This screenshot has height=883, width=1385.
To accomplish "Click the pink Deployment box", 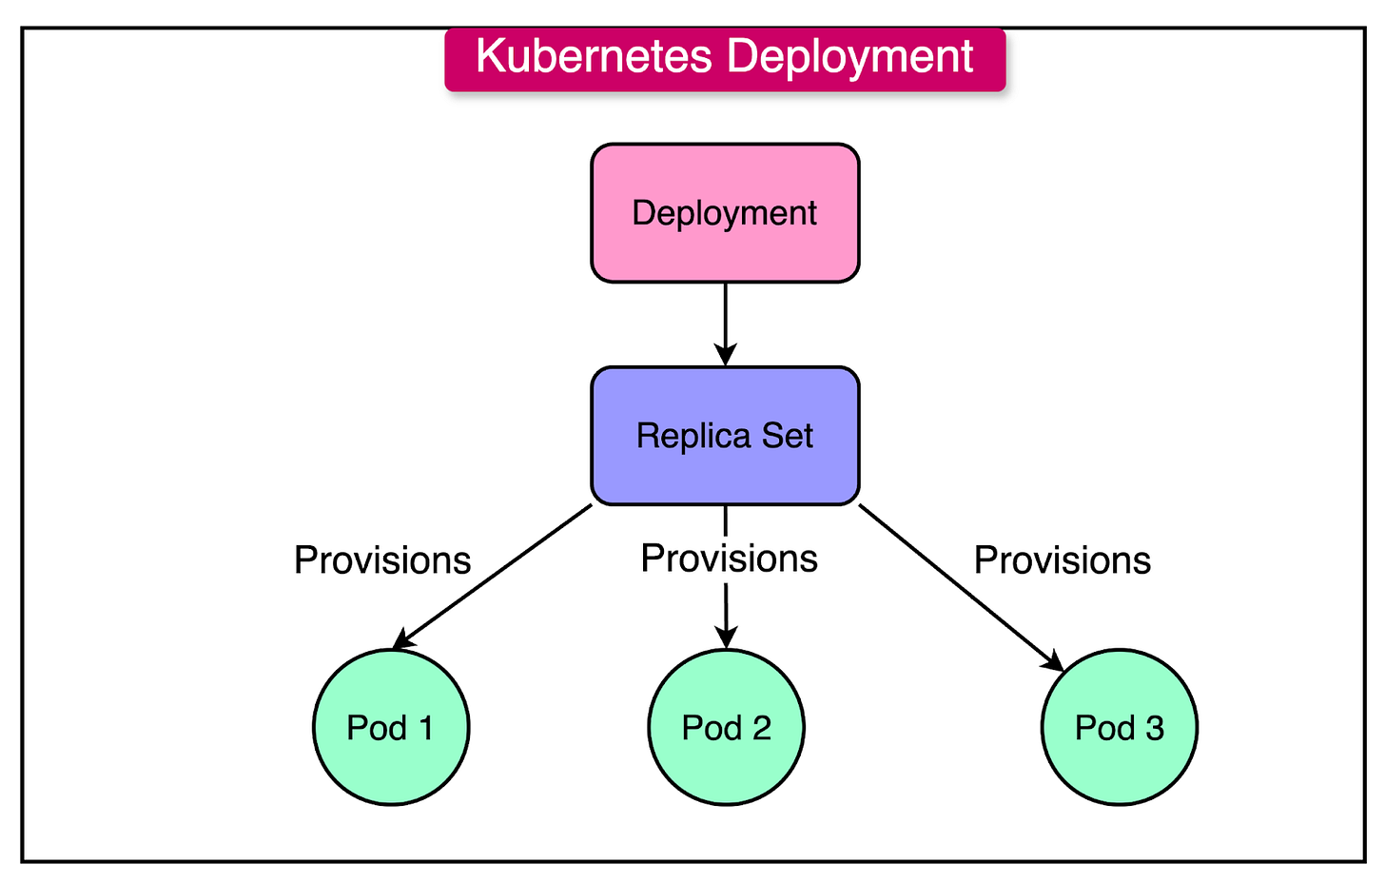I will [725, 213].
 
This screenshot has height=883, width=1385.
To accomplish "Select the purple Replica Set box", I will [725, 436].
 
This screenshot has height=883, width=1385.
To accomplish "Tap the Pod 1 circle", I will [391, 728].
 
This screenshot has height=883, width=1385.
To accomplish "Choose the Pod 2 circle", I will [726, 728].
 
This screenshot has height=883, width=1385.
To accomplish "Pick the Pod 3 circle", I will [1119, 728].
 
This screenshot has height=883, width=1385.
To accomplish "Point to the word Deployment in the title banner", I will [850, 56].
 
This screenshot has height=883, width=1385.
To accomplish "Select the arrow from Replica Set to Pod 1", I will [495, 575].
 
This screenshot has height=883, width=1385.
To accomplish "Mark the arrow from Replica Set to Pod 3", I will [961, 587].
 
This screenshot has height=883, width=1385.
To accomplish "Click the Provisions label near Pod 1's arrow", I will [382, 560].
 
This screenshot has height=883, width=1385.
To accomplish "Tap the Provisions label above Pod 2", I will [729, 559].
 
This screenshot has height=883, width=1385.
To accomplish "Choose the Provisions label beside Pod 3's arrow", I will [1063, 560].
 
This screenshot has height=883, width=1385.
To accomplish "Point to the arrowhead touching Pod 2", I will [726, 638].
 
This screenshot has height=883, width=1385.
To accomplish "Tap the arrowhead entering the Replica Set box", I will [726, 355].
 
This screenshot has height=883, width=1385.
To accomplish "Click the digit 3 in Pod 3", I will [1155, 728].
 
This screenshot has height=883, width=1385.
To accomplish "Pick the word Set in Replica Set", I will [788, 436].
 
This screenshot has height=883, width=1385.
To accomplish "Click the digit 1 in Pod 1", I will [425, 728].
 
